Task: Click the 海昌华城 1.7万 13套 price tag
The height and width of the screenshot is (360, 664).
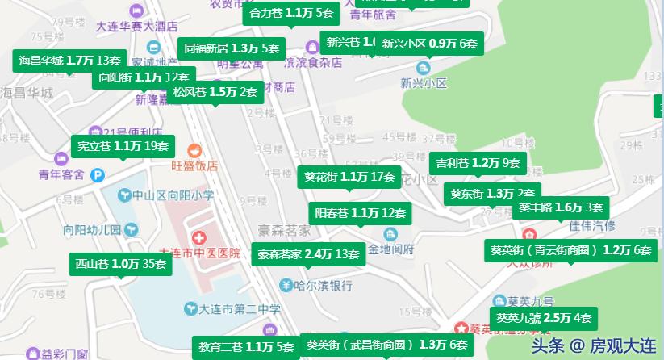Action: (69, 60)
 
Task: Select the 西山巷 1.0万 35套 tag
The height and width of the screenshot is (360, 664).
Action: (120, 263)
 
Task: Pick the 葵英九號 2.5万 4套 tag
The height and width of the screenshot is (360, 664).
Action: (544, 317)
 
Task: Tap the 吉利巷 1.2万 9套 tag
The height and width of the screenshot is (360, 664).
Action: (478, 162)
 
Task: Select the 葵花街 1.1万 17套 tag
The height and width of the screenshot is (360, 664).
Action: (349, 176)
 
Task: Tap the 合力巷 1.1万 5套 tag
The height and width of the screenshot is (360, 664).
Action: (291, 13)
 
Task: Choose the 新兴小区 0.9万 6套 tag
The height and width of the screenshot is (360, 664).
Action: (428, 43)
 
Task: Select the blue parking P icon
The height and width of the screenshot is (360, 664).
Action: (98, 173)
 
